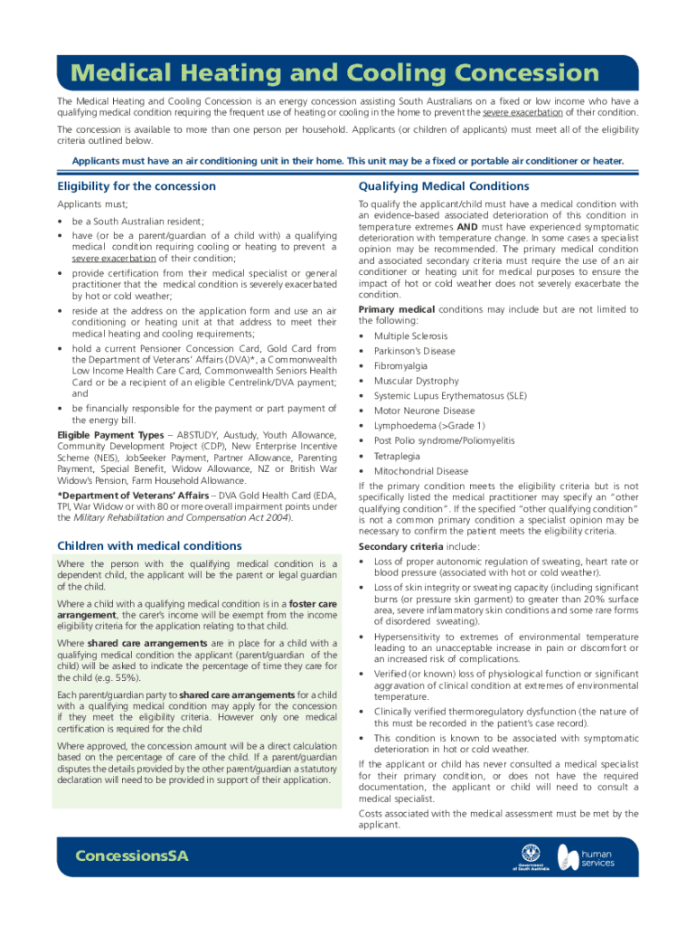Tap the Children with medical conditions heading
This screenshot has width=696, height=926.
tap(149, 545)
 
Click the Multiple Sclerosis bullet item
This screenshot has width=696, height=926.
tap(410, 336)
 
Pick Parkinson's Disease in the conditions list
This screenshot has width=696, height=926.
tap(415, 351)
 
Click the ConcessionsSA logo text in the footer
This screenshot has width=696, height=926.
tap(132, 856)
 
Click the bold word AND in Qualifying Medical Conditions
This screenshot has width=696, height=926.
tap(467, 227)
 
